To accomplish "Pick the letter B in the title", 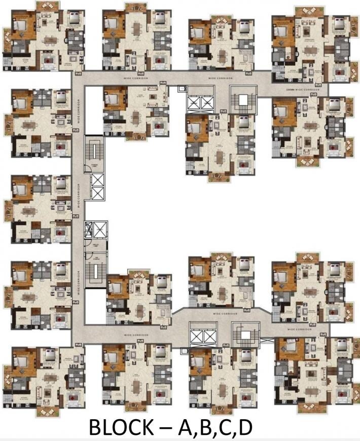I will point(207,427).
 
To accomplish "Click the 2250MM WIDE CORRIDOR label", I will point(302,90).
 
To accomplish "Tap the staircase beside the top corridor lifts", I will point(240,102).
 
